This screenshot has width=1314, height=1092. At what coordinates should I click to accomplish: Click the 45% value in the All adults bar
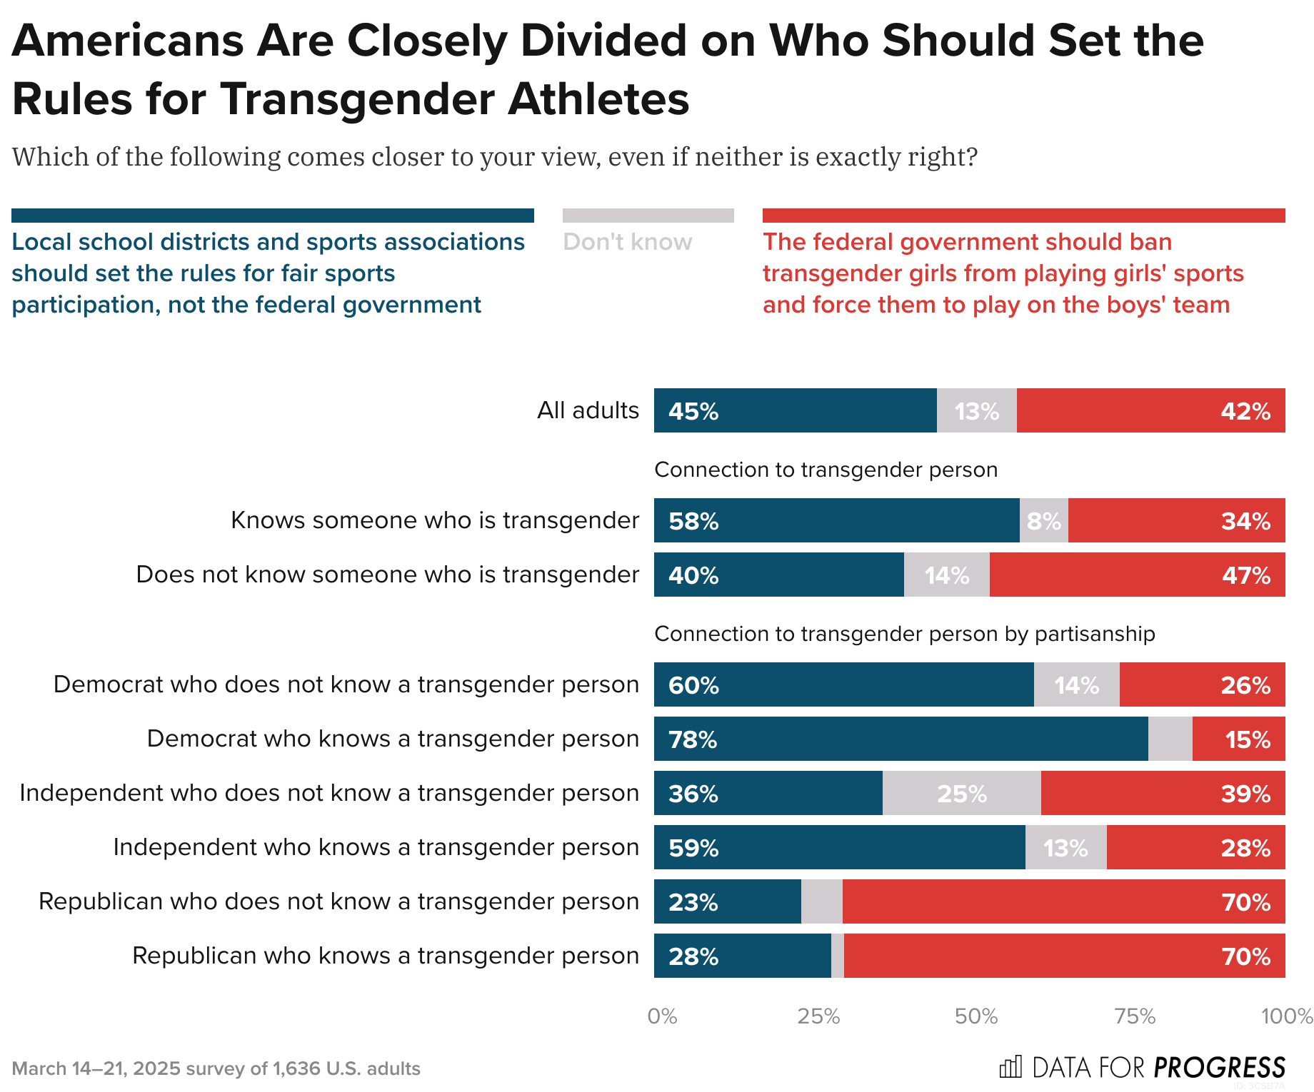693,412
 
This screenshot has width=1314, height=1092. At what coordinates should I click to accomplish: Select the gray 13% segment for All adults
976,411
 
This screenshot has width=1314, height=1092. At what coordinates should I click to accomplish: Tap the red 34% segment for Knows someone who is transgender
1176,521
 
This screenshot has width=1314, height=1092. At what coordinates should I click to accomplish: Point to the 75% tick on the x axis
1135,1016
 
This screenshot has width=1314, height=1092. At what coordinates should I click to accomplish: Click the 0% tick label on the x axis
662,1016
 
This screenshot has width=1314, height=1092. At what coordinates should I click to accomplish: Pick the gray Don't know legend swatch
648,216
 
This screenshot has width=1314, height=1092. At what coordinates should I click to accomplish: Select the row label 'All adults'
588,410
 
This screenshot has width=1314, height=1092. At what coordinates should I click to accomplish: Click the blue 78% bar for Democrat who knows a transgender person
901,739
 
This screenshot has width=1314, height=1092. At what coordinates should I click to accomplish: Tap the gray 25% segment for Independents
961,794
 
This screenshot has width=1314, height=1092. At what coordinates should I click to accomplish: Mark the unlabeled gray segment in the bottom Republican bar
838,956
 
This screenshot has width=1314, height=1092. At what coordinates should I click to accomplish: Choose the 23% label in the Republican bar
693,902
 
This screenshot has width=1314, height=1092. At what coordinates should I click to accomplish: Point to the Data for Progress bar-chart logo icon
1010,1067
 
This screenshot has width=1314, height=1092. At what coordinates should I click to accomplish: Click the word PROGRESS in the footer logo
1219,1068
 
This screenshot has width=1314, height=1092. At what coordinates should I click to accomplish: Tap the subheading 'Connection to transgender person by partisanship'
904,634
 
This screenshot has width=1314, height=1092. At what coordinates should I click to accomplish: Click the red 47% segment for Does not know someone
1137,575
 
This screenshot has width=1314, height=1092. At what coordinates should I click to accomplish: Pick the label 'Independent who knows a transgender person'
376,847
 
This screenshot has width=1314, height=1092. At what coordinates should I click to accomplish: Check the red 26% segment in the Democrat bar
1202,685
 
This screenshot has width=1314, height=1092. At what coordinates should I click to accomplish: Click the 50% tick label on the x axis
976,1016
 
